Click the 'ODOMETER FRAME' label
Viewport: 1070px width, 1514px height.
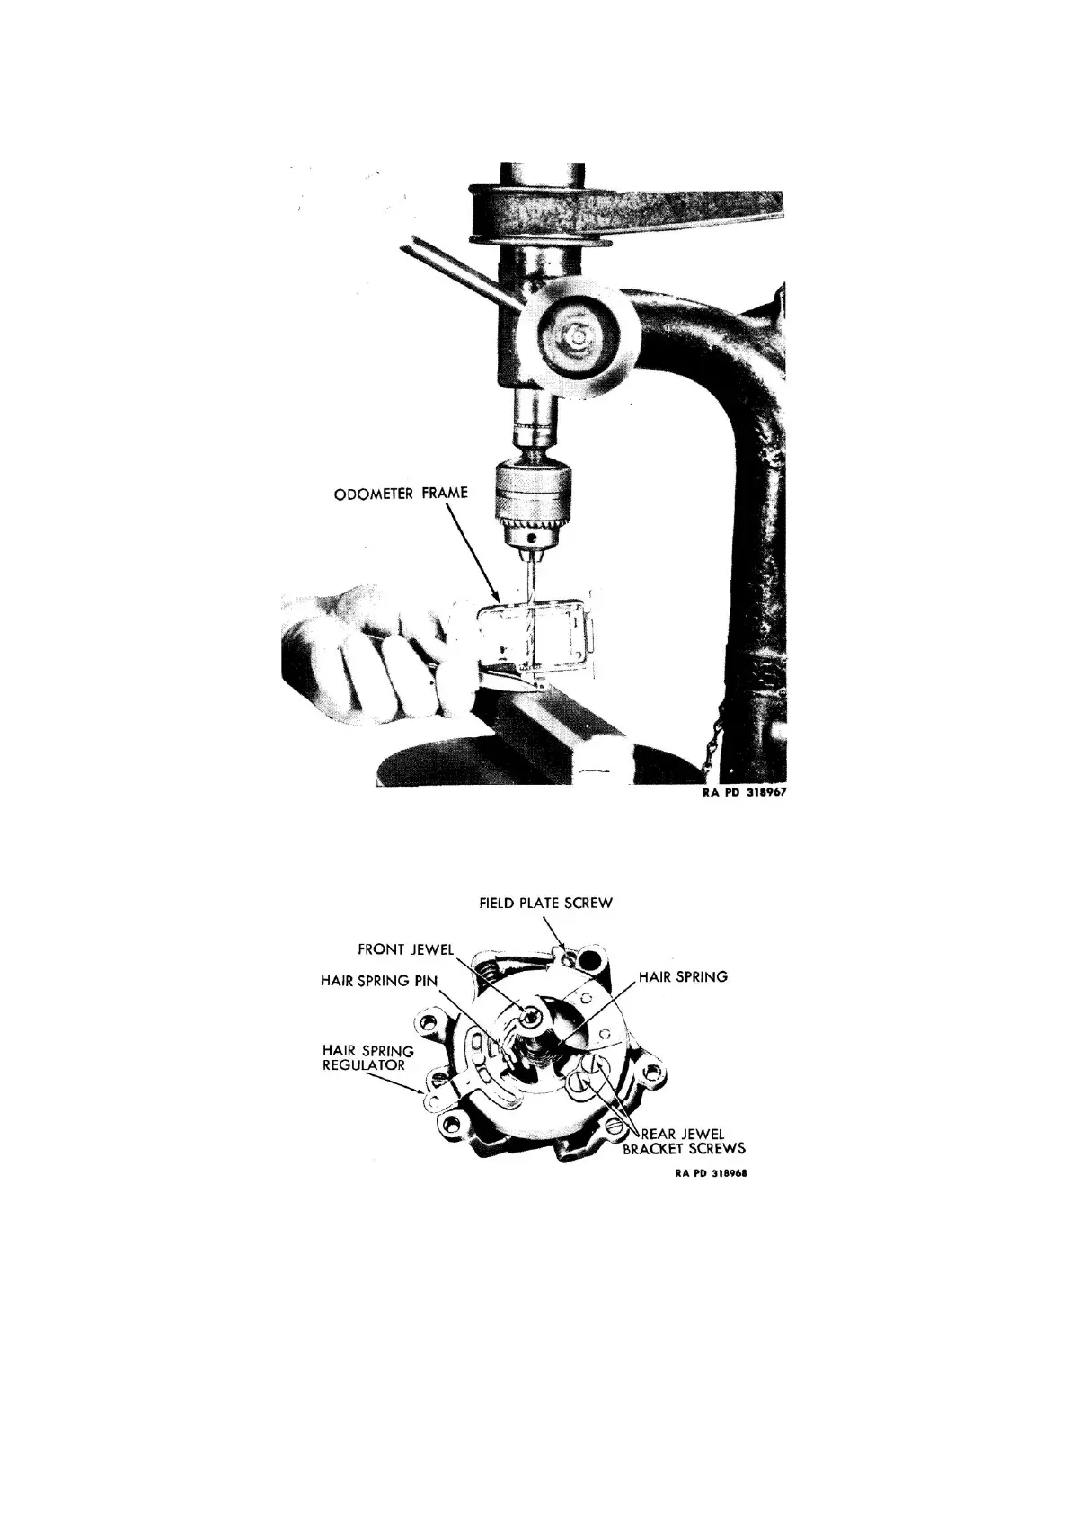[x=401, y=494]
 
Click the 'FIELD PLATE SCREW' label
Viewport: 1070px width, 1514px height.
[x=546, y=903]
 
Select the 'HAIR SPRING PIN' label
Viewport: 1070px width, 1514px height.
[x=377, y=980]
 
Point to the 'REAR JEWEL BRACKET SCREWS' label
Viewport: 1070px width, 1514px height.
[x=685, y=1141]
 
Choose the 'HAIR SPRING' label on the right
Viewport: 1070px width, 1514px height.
[x=683, y=976]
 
